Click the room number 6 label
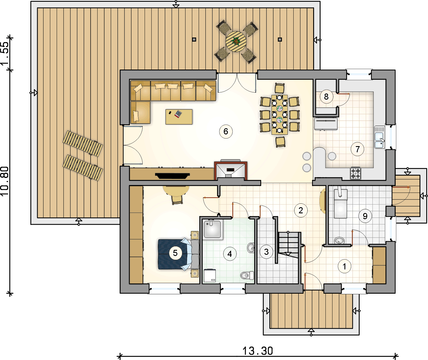point(226,131)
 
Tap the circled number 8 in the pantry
point(326,96)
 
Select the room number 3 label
point(266,252)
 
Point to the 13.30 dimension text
point(258,351)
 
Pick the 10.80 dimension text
point(5,181)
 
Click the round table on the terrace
point(236,41)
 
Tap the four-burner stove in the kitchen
point(356,173)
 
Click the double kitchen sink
point(380,137)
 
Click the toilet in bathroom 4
point(247,275)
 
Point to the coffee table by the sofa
point(179,117)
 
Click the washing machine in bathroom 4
point(210,275)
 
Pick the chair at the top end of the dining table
point(280,88)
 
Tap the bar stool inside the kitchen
point(332,156)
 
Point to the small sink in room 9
point(339,241)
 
